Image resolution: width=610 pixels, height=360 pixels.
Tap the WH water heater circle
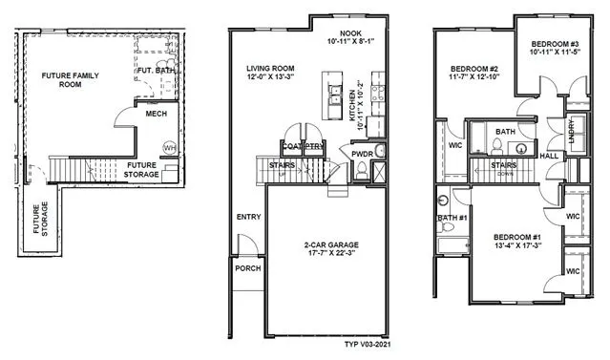[169, 148]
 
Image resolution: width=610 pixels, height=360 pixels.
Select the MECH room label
[158, 114]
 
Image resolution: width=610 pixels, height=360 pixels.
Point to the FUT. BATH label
[155, 71]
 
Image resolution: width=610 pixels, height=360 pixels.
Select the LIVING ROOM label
[270, 68]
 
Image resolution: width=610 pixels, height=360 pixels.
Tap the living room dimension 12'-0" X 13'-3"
[270, 78]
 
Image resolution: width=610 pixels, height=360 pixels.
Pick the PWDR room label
[362, 153]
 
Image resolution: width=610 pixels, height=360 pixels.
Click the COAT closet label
[291, 146]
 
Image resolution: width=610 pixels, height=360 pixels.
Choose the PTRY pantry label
[315, 146]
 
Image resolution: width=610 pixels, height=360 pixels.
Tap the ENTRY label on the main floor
[248, 218]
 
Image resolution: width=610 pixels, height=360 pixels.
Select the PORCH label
[247, 268]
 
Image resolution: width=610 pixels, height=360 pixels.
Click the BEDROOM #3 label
[554, 43]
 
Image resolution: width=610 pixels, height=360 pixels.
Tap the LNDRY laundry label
[572, 128]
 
